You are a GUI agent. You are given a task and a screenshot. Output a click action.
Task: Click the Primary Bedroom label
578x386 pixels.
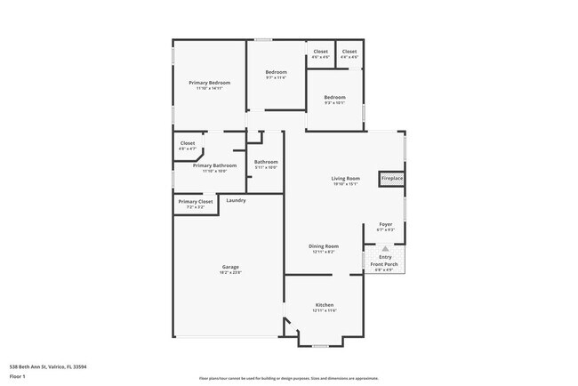coord(209,83)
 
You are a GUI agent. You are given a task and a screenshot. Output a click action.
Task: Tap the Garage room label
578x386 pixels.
coord(229,267)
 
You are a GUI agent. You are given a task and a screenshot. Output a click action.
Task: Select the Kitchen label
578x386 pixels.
coord(324,305)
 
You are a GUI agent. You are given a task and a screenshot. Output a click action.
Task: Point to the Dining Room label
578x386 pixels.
coord(324,245)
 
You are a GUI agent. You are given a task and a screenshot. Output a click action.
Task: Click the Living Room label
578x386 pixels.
coord(345,179)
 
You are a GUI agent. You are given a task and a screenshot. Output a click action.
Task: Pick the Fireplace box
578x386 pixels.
coord(392,179)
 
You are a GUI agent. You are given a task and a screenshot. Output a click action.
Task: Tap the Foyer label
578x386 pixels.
coord(386,224)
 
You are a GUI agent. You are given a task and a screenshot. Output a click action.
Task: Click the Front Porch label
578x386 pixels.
coord(384,264)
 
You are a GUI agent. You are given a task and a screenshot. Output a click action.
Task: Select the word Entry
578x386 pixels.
coord(385,258)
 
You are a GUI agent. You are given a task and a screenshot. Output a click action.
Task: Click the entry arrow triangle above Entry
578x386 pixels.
coord(385,250)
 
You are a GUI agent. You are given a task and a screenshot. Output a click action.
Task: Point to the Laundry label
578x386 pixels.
coord(236,200)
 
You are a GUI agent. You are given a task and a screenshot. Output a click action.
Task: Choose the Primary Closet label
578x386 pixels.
coord(196,202)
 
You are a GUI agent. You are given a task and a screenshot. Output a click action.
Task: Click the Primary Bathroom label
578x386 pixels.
coord(214,165)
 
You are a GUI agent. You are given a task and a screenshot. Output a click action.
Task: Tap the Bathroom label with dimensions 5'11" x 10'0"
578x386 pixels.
coord(266,162)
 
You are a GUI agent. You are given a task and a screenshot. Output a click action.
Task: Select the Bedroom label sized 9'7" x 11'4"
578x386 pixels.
coord(277,72)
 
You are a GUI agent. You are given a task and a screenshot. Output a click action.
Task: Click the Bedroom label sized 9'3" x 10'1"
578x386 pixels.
coord(334,97)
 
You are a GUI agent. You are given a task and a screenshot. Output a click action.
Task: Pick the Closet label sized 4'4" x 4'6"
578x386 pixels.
coord(349,52)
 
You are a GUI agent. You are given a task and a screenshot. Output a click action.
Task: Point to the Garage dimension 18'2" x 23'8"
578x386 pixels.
coord(229,272)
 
